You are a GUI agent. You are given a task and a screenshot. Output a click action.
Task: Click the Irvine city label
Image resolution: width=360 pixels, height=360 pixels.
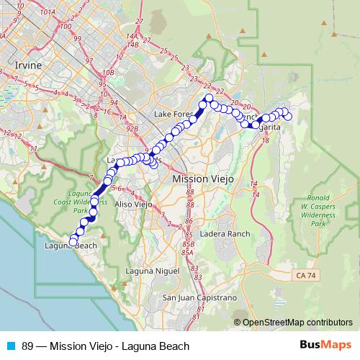coord(29,65)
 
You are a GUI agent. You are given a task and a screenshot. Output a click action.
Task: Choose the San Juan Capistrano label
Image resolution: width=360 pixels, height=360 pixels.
coord(199,297)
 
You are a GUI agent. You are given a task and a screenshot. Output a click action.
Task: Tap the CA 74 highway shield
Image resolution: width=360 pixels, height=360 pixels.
coord(305,275)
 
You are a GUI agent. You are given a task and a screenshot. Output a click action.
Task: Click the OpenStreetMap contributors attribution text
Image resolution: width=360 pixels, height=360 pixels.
coord(297,322)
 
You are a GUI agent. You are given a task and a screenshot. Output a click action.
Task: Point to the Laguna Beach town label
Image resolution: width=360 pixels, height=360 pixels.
coord(71,246)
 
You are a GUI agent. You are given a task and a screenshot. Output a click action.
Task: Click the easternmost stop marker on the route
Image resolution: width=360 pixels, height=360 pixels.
coord(288,116)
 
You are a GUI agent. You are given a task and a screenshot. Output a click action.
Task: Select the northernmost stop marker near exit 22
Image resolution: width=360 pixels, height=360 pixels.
coord(209,97)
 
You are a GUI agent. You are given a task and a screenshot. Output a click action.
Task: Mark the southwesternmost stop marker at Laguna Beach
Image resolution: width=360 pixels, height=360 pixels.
coord(73,240)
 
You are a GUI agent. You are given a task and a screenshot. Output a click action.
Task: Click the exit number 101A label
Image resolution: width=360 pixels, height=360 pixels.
coord(48,12)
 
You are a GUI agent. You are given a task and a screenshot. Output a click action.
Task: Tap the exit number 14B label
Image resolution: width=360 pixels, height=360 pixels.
coord(131,44)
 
